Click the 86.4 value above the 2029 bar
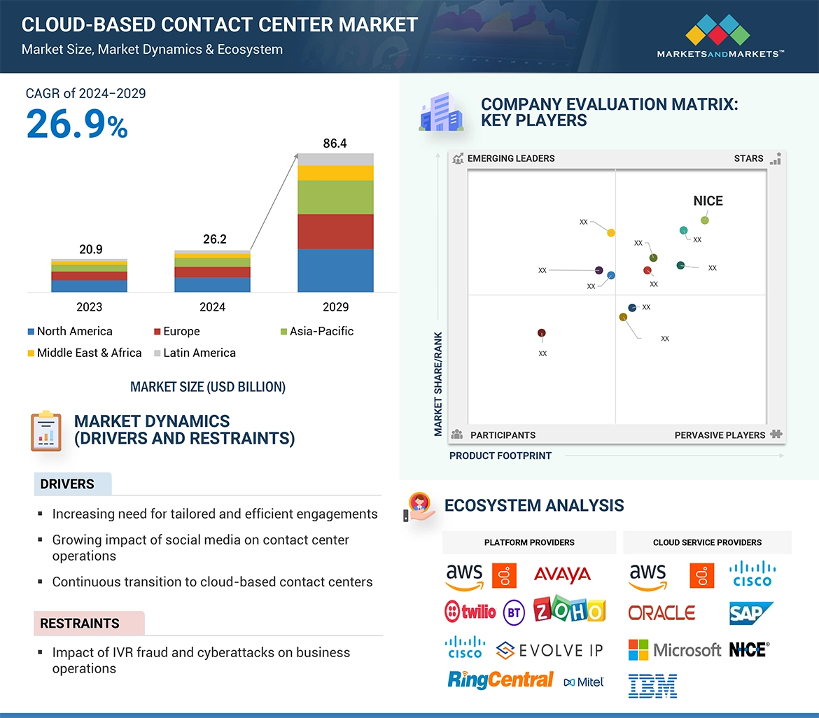[335, 143]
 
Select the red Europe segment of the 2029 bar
[335, 232]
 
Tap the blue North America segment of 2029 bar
[335, 270]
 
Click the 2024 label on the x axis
[212, 307]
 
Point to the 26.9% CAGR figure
[77, 124]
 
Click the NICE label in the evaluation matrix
[708, 201]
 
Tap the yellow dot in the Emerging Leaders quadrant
[611, 233]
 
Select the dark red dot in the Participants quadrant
[542, 333]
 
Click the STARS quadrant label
[748, 158]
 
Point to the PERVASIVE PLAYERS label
[720, 435]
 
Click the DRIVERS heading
[67, 484]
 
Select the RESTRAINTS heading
[80, 624]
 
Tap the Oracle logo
[661, 613]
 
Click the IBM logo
[652, 686]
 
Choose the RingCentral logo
[500, 680]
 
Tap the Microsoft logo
[674, 650]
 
